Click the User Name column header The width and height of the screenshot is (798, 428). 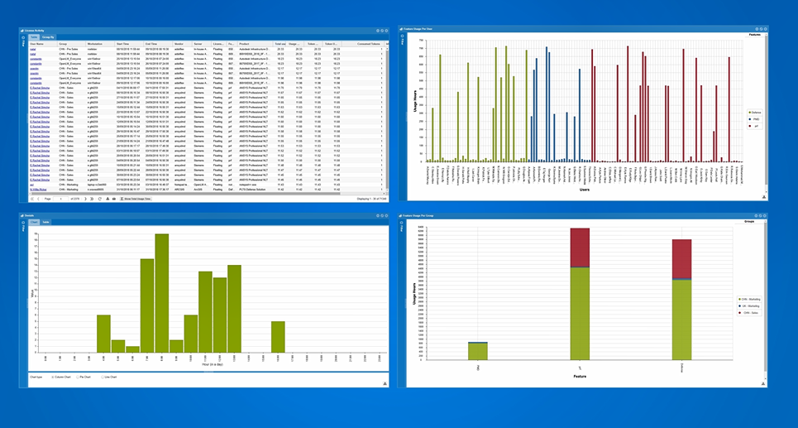coord(38,44)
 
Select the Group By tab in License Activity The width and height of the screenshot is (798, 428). coord(48,37)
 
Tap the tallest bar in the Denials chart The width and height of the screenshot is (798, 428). coord(161,295)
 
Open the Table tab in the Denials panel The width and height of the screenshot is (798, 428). coord(46,222)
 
